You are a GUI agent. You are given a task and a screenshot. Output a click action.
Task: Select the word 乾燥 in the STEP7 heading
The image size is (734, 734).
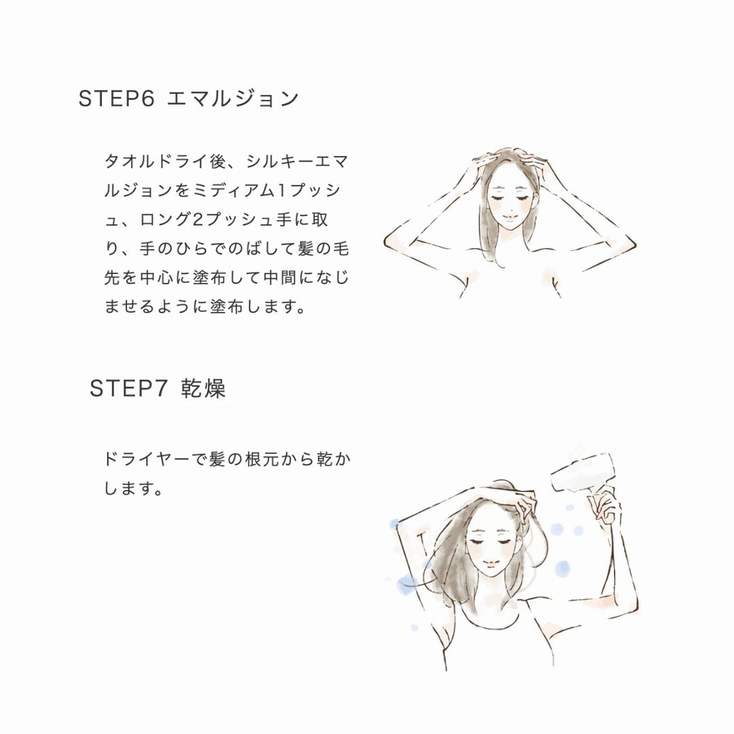coord(203,389)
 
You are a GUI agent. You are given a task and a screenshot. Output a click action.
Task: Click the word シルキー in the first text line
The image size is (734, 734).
coord(275,162)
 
